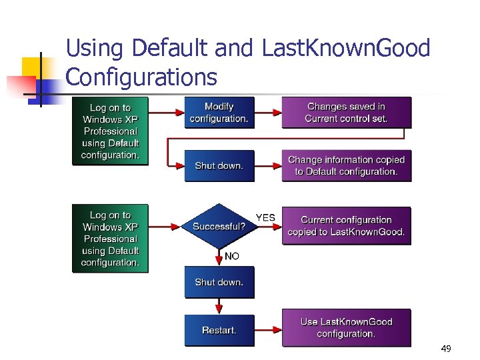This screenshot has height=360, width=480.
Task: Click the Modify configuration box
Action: [x=219, y=113]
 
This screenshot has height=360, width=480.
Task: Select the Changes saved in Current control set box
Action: [x=346, y=113]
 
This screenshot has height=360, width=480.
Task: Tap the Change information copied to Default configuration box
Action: [x=346, y=166]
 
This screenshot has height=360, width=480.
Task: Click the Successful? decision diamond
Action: [x=219, y=227]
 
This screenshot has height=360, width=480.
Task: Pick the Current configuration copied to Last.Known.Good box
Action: [x=346, y=226]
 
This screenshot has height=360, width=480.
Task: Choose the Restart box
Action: [x=219, y=330]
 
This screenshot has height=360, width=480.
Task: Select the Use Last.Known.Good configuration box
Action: [x=346, y=327]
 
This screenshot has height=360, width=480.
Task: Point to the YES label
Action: [x=265, y=218]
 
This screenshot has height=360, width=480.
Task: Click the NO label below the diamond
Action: [x=232, y=256]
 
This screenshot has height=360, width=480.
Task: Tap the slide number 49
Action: [x=445, y=349]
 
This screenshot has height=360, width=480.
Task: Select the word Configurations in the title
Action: [x=141, y=77]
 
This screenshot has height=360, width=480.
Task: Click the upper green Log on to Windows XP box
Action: [x=110, y=131]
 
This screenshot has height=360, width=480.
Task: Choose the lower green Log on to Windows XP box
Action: [x=110, y=239]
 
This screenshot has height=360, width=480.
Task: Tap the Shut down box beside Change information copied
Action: [x=219, y=166]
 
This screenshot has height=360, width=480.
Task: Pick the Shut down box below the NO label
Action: [x=219, y=282]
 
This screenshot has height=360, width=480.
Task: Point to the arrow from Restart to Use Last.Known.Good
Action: [x=268, y=329]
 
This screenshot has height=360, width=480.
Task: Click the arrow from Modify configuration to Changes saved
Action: [x=268, y=112]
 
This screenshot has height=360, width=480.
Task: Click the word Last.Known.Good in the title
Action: [x=346, y=48]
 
